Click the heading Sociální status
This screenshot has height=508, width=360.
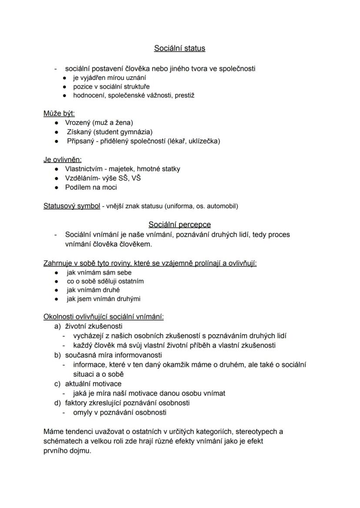point(180,48)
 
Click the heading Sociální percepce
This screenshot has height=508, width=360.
point(180,225)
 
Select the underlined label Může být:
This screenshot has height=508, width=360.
point(59,113)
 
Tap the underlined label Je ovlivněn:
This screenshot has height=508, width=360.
point(63,159)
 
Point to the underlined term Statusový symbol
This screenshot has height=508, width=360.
point(72,206)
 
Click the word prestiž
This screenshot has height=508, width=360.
point(184,95)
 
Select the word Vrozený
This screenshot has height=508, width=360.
point(78,123)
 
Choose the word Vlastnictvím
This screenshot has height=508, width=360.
point(83,169)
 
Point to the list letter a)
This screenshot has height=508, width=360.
point(57,326)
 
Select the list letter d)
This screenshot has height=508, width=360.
point(57,403)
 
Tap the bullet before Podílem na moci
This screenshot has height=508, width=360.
point(57,187)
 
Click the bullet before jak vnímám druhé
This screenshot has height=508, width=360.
point(57,290)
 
